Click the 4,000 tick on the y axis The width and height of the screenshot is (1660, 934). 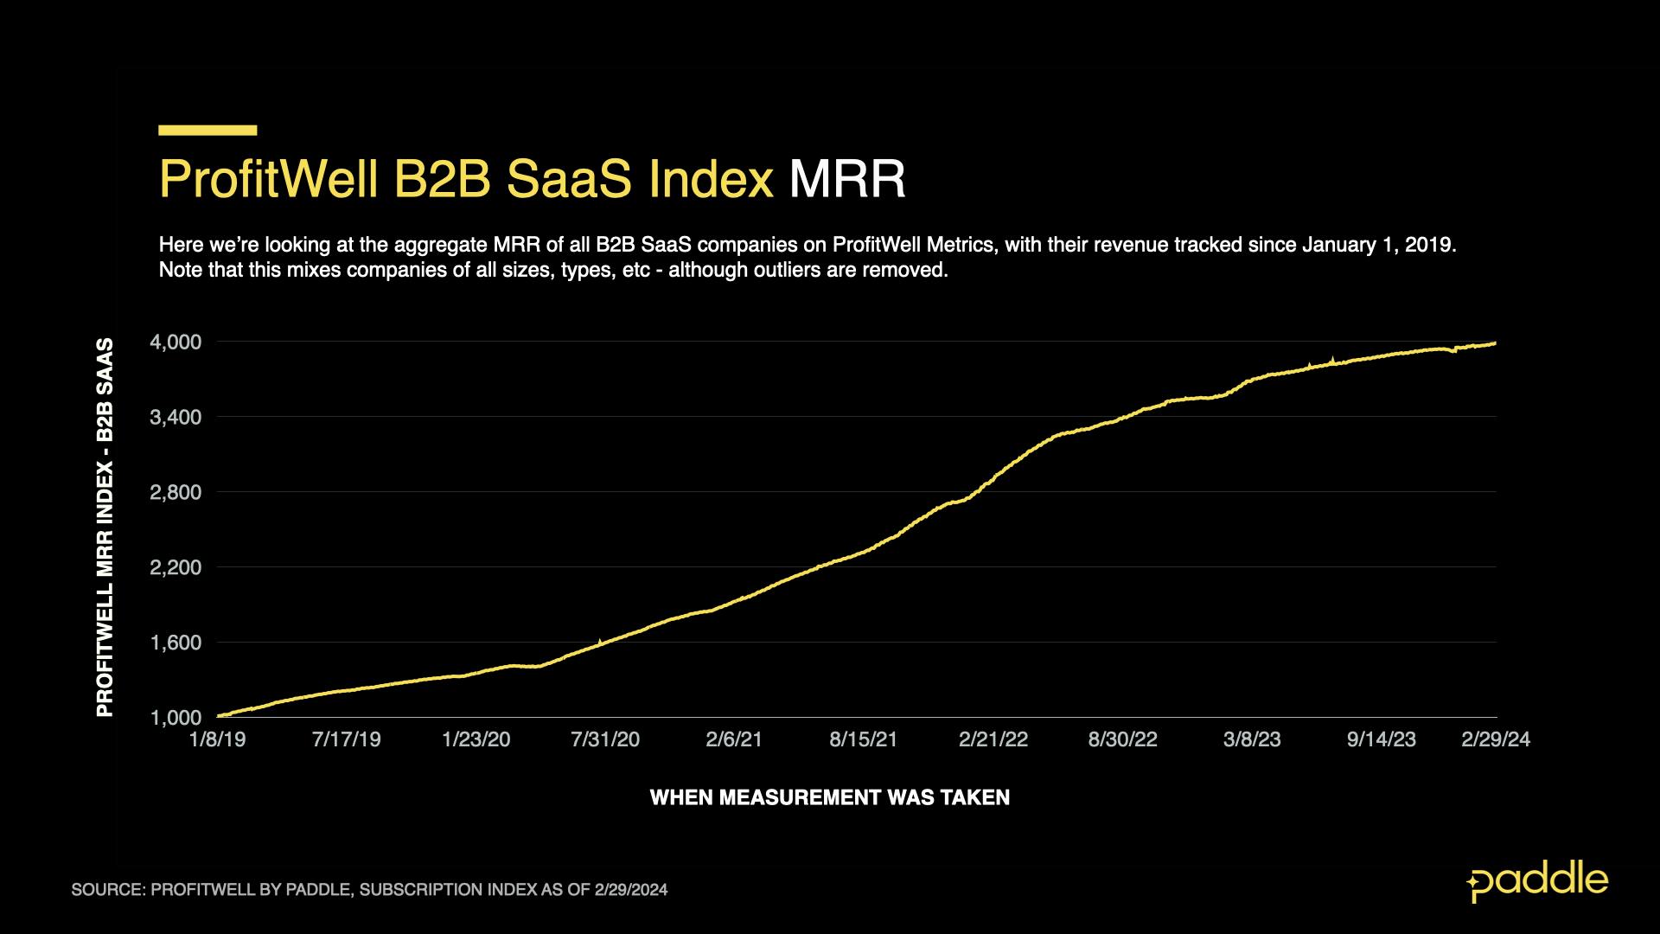coord(176,342)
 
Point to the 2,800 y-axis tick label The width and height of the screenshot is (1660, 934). coord(176,493)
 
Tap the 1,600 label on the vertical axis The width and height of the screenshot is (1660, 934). coord(176,643)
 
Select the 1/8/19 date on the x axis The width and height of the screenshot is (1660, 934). coord(217,739)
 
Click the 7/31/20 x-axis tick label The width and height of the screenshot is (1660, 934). coord(605,739)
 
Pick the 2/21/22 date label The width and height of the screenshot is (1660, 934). coord(993,739)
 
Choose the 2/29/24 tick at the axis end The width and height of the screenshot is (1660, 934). coord(1496,739)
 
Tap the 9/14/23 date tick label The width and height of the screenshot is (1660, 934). coord(1382,739)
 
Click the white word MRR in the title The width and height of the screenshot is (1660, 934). coord(846,179)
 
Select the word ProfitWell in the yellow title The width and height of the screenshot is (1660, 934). coord(269,179)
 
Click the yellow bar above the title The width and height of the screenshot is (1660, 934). coord(207,131)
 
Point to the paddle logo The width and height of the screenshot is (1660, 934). coord(1537,882)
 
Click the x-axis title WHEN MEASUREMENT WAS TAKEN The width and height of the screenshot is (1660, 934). coord(829,797)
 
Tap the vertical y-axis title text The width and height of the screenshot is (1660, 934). coord(105,528)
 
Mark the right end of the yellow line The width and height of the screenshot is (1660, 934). coord(1495,343)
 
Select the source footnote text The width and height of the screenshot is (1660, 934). coord(369,890)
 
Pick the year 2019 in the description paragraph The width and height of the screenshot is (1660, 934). coord(1428,245)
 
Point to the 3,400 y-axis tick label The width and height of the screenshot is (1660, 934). coord(176,418)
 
